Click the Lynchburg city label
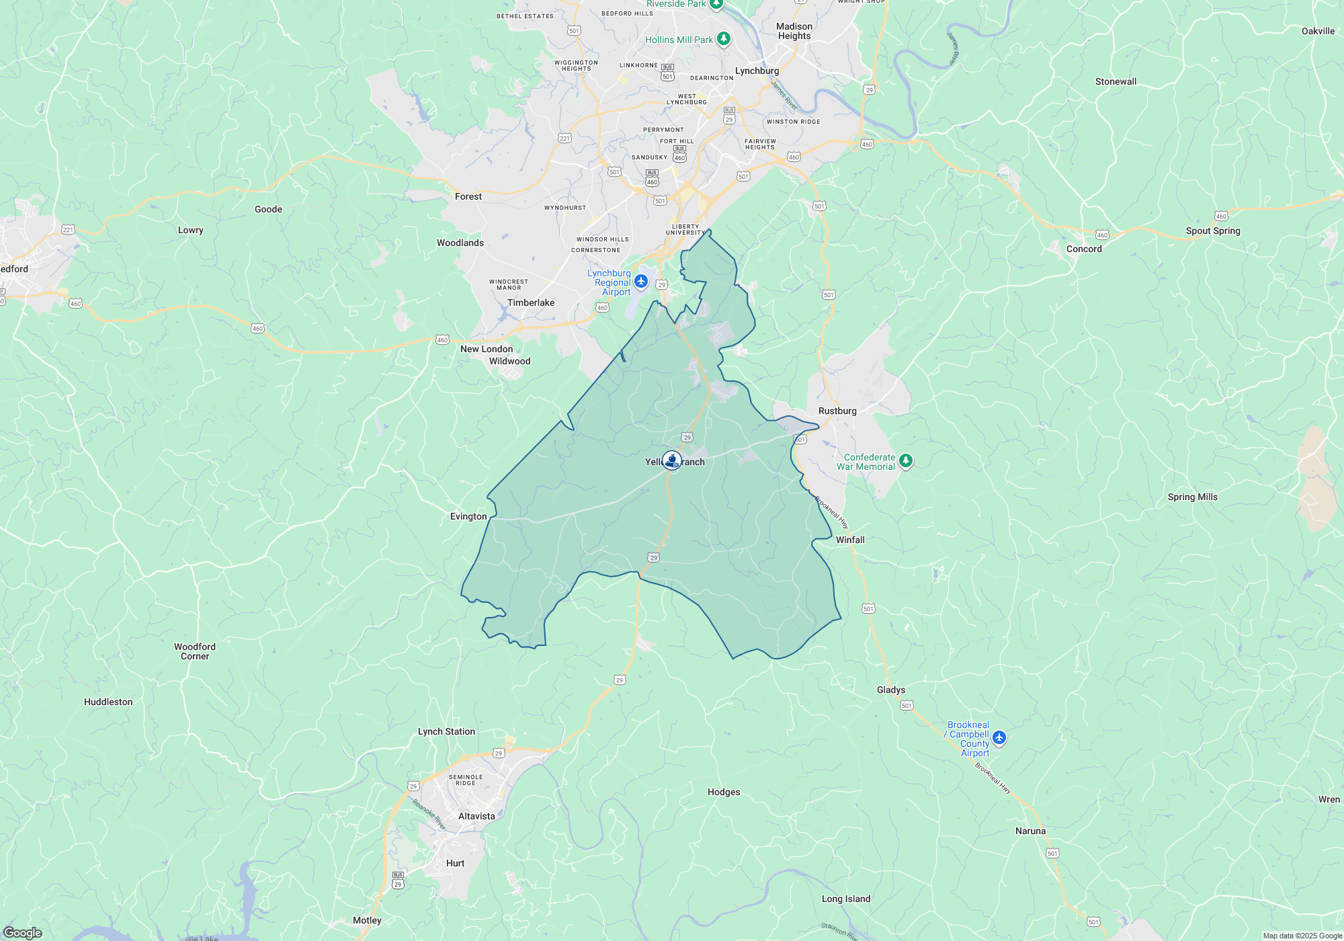click(757, 71)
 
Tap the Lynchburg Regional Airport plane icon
click(641, 281)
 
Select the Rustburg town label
click(837, 411)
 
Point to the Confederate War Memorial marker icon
click(906, 460)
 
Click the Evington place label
click(468, 517)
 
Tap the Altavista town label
click(476, 817)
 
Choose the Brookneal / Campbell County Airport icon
click(999, 737)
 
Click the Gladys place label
click(891, 690)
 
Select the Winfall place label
click(850, 540)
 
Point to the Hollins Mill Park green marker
click(724, 39)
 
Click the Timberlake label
click(531, 303)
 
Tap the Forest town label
click(468, 197)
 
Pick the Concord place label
click(1084, 249)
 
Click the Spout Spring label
click(1213, 231)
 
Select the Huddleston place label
click(108, 702)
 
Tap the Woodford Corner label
click(195, 652)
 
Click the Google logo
click(22, 932)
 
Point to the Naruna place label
click(1030, 831)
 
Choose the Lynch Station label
click(446, 732)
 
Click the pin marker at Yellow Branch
click(672, 460)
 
